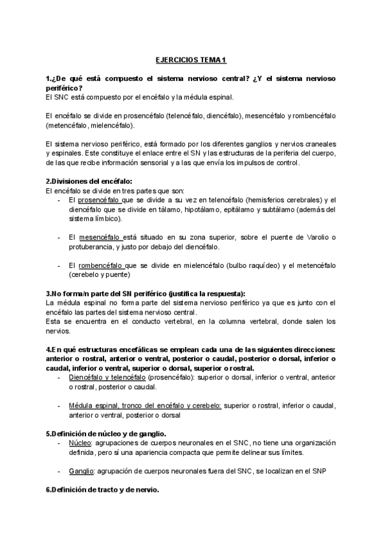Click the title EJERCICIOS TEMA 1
pyautogui.click(x=191, y=60)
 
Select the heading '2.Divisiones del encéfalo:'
pyautogui.click(x=89, y=182)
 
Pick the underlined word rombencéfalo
pyautogui.click(x=98, y=265)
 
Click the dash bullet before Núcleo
pyautogui.click(x=59, y=442)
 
